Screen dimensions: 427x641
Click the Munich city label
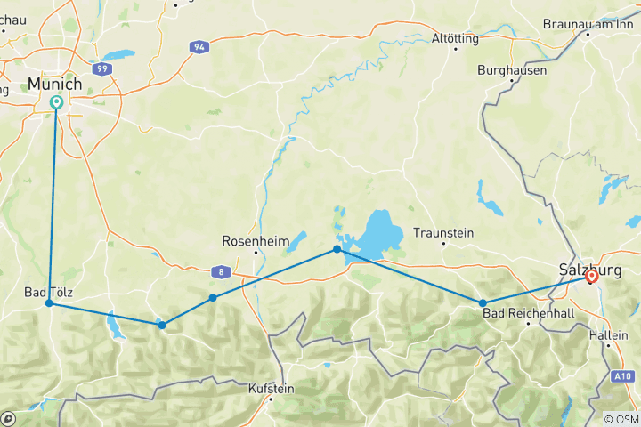(x=55, y=84)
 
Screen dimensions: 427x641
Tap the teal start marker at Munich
(x=56, y=103)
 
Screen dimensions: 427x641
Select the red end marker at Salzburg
(x=591, y=277)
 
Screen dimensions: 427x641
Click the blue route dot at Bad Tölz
(x=50, y=303)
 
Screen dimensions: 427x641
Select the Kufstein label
(x=272, y=388)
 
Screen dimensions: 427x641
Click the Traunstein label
(x=442, y=234)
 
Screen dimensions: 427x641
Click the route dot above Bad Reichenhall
(x=483, y=303)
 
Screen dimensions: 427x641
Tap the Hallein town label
(x=609, y=335)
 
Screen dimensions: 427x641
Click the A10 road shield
(x=623, y=376)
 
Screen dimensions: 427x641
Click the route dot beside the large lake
(x=337, y=249)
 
